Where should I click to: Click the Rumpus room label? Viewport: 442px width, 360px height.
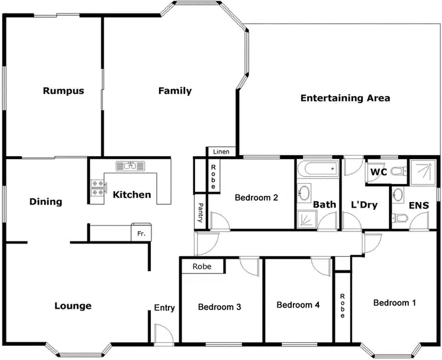tap(63, 91)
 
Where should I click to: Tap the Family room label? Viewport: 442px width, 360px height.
tap(175, 91)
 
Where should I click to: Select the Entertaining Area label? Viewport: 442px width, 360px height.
tap(345, 98)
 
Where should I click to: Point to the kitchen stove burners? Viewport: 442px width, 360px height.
tap(97, 188)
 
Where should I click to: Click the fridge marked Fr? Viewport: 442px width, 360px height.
tap(141, 233)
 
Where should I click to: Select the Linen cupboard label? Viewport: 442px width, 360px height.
tap(222, 152)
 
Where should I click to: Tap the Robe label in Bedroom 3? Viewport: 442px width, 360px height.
tap(203, 267)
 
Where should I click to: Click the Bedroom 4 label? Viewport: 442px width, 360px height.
tap(298, 305)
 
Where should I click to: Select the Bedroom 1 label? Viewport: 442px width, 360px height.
tap(395, 303)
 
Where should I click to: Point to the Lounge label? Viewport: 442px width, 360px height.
tap(73, 306)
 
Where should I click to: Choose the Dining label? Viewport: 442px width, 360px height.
tap(46, 202)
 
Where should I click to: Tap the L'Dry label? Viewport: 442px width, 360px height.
tap(364, 204)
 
